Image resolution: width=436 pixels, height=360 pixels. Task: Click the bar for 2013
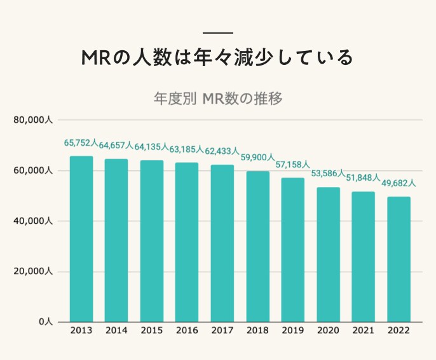pyautogui.click(x=81, y=239)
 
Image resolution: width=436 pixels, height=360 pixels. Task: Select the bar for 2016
pyautogui.click(x=187, y=242)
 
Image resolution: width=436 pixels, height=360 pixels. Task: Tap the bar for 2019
pyautogui.click(x=293, y=250)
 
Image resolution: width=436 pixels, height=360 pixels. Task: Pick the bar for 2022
pyautogui.click(x=399, y=260)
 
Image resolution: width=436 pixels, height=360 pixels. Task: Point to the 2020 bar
pyautogui.click(x=328, y=254)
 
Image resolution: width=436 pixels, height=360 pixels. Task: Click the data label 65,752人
pyautogui.click(x=81, y=143)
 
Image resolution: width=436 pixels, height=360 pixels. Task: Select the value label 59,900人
pyautogui.click(x=257, y=158)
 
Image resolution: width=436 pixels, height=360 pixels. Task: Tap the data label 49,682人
pyautogui.click(x=399, y=184)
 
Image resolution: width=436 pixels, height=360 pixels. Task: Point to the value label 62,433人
pyautogui.click(x=222, y=151)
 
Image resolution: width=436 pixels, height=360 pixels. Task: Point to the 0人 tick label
pyautogui.click(x=45, y=322)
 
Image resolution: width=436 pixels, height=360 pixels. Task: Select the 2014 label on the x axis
pyautogui.click(x=116, y=331)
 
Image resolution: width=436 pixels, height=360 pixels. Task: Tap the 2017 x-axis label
pyautogui.click(x=222, y=331)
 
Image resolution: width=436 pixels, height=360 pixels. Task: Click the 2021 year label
pyautogui.click(x=364, y=331)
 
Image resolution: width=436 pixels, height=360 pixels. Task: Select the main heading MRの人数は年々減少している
pyautogui.click(x=218, y=59)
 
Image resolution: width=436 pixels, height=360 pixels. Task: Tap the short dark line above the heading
pyautogui.click(x=218, y=32)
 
